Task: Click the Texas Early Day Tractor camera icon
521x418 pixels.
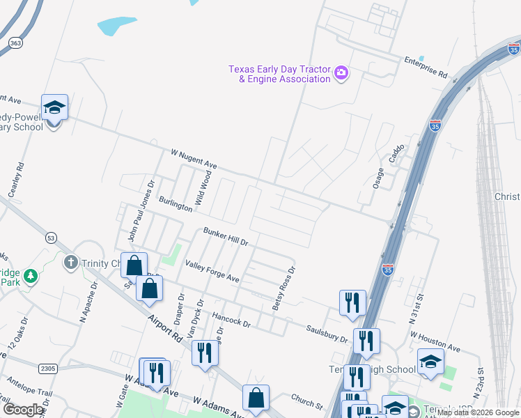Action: (x=341, y=72)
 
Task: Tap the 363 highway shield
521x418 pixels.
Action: (x=15, y=42)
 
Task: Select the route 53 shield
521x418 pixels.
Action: (x=51, y=238)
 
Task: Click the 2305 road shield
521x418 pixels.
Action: (x=48, y=368)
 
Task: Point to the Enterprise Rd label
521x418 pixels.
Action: (x=426, y=67)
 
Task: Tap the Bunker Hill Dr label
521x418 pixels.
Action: (x=226, y=236)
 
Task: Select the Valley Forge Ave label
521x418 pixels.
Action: (x=212, y=271)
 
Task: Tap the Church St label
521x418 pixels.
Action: (x=307, y=402)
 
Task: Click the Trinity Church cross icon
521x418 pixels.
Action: (x=70, y=263)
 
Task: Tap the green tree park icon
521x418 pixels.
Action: (x=30, y=277)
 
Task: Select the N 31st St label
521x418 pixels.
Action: (x=419, y=305)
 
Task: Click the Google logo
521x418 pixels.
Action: (x=24, y=409)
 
